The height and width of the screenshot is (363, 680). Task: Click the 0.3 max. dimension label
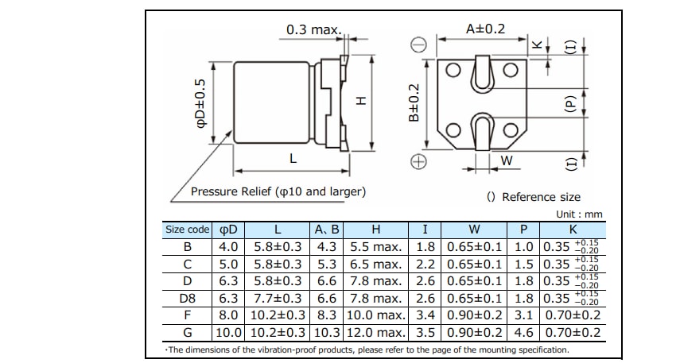pos(313,30)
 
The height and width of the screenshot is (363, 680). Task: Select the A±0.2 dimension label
pos(485,29)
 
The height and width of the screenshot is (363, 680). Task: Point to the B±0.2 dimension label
pos(414,103)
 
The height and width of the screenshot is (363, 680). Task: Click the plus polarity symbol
pos(418,162)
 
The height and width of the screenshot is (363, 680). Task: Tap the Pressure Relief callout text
pos(278,192)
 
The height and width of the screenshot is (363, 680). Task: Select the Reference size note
pos(534,197)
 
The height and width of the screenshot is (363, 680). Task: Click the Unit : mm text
pos(580,214)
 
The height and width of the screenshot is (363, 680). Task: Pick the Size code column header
pos(188,230)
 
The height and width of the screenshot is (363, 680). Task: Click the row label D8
pos(188,299)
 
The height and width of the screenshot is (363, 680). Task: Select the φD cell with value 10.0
pos(229,332)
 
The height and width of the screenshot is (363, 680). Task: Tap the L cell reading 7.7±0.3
pos(278,299)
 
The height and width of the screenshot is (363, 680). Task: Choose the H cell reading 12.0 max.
pos(376,332)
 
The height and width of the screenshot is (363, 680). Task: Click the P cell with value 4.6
pos(523,332)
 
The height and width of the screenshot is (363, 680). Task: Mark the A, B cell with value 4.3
pos(327,247)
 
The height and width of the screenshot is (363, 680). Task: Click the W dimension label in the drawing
pos(507,161)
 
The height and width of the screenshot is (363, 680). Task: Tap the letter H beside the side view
pos(360,101)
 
